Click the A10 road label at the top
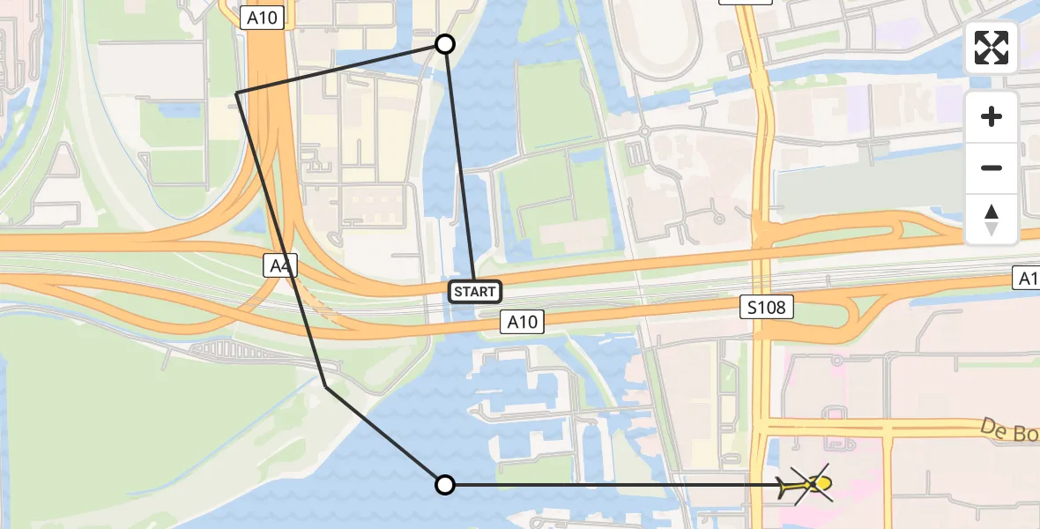(x=263, y=18)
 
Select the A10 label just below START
(x=521, y=322)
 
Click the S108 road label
(x=767, y=307)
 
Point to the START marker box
(x=475, y=292)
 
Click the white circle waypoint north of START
(x=445, y=44)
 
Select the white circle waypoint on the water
(x=445, y=484)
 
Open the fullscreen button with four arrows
(x=992, y=48)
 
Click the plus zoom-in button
(x=992, y=116)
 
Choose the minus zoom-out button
(x=992, y=168)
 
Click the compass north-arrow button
(x=992, y=219)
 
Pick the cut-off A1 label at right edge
(x=1026, y=279)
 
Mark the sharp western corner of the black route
(x=237, y=93)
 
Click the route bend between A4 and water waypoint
(x=326, y=386)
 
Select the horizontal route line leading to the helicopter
(x=617, y=484)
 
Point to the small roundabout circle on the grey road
(x=644, y=131)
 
